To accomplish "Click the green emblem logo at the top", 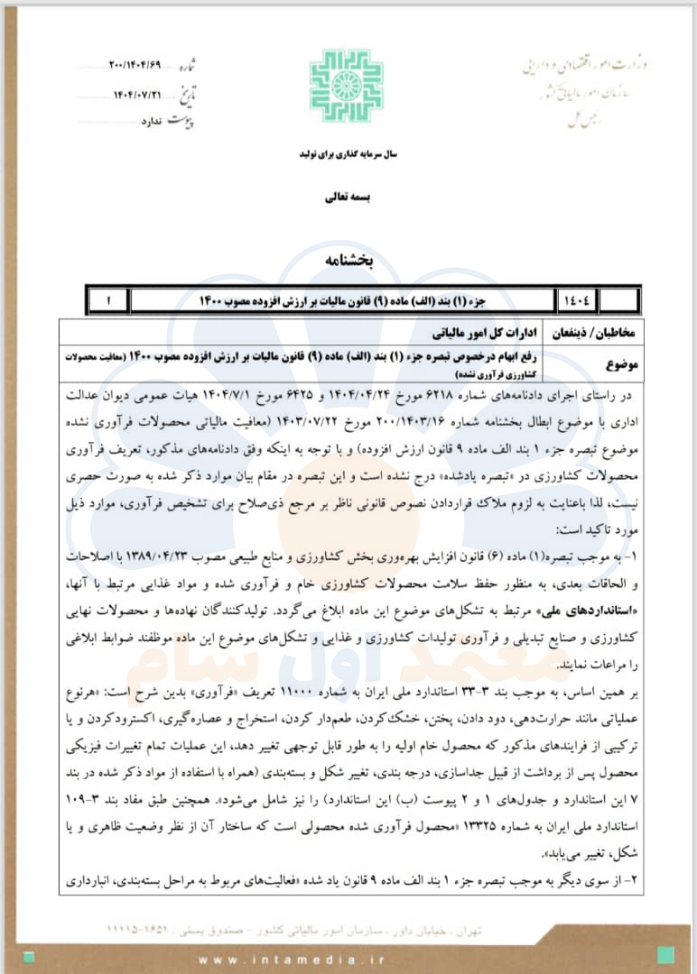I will tap(347, 87).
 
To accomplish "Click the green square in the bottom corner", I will tap(665, 953).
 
